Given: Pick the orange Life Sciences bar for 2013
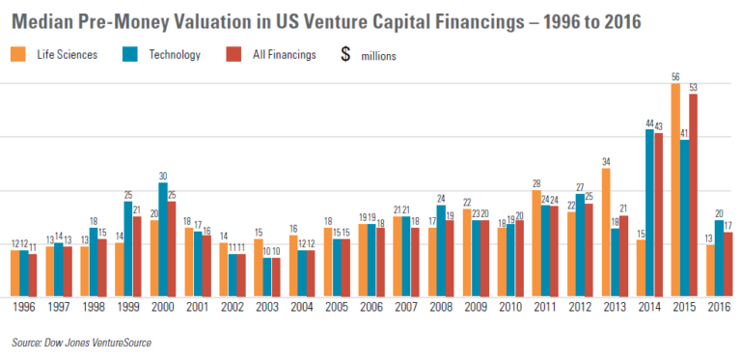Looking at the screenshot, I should tap(606, 233).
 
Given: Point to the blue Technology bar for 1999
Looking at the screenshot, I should tap(127, 248).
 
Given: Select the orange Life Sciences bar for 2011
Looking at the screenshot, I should tap(536, 242).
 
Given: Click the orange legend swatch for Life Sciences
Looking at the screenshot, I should tap(18, 55).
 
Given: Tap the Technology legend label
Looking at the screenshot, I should tap(175, 55).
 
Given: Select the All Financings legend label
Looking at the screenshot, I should tap(286, 55).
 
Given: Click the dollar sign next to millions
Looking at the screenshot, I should tap(344, 55).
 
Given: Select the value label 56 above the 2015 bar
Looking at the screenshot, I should tap(675, 76).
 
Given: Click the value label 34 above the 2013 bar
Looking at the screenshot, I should tap(606, 161).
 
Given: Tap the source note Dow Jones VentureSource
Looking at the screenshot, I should tap(82, 342).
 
